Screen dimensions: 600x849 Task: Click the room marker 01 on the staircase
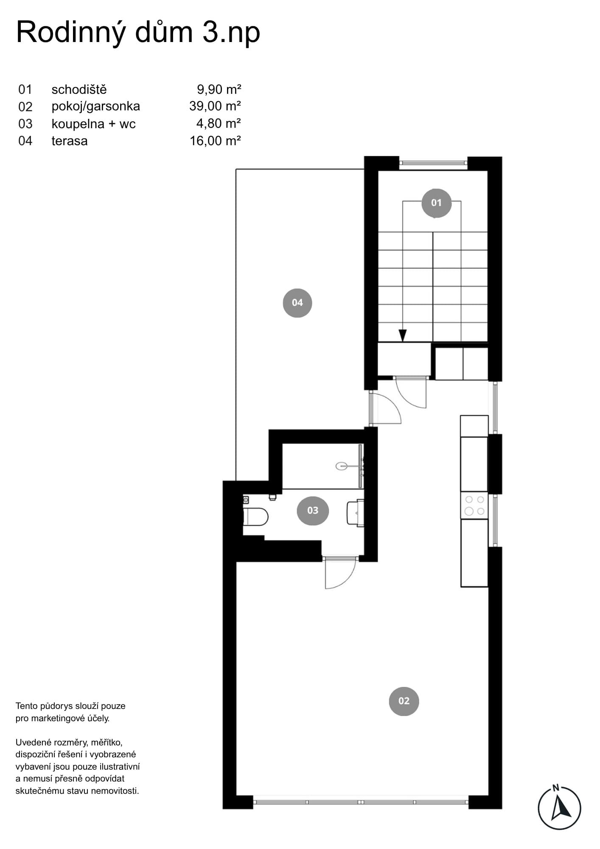(x=436, y=203)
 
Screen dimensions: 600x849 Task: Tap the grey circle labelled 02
(x=404, y=701)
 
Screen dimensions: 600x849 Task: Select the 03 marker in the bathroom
(x=313, y=510)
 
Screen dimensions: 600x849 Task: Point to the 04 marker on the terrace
(x=297, y=303)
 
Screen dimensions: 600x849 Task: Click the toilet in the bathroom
(x=255, y=517)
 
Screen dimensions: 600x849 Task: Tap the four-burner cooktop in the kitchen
(x=474, y=505)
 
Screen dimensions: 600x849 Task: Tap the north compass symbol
(x=559, y=807)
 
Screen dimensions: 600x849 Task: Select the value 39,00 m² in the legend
(x=215, y=106)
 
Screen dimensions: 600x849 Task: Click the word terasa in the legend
(x=70, y=141)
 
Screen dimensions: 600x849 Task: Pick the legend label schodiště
(x=79, y=90)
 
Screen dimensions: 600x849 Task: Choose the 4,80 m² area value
(x=219, y=123)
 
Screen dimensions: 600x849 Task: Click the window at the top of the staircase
(x=433, y=162)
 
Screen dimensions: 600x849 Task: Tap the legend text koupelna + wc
(x=93, y=124)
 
